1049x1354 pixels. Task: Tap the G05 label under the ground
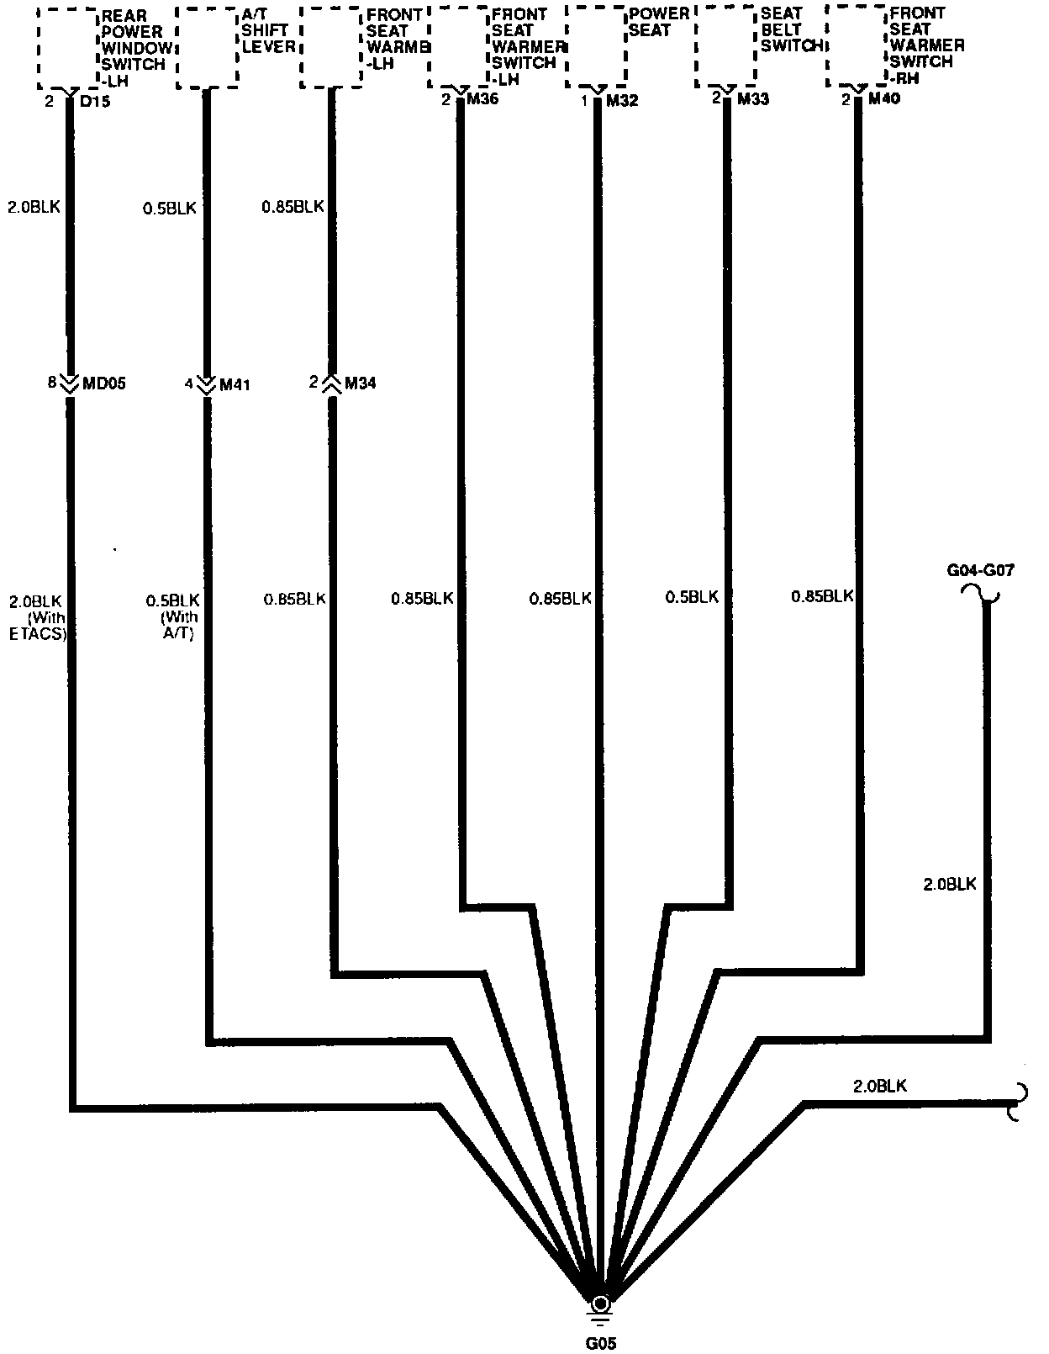[x=600, y=1343]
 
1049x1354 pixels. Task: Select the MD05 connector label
[x=104, y=383]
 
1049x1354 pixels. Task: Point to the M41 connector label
[x=235, y=384]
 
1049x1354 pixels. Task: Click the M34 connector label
[x=360, y=383]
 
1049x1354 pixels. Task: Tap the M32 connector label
[x=621, y=101]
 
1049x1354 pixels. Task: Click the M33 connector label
[x=754, y=99]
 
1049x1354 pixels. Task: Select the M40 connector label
[x=884, y=99]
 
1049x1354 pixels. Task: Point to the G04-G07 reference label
[x=980, y=571]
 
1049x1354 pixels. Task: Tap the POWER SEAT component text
[x=659, y=22]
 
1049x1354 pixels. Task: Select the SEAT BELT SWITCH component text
[x=790, y=30]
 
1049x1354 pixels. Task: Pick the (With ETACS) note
[x=37, y=626]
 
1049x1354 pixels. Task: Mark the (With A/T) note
[x=177, y=625]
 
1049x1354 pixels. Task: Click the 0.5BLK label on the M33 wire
[x=692, y=596]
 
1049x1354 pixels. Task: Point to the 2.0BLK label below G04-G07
[x=950, y=884]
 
